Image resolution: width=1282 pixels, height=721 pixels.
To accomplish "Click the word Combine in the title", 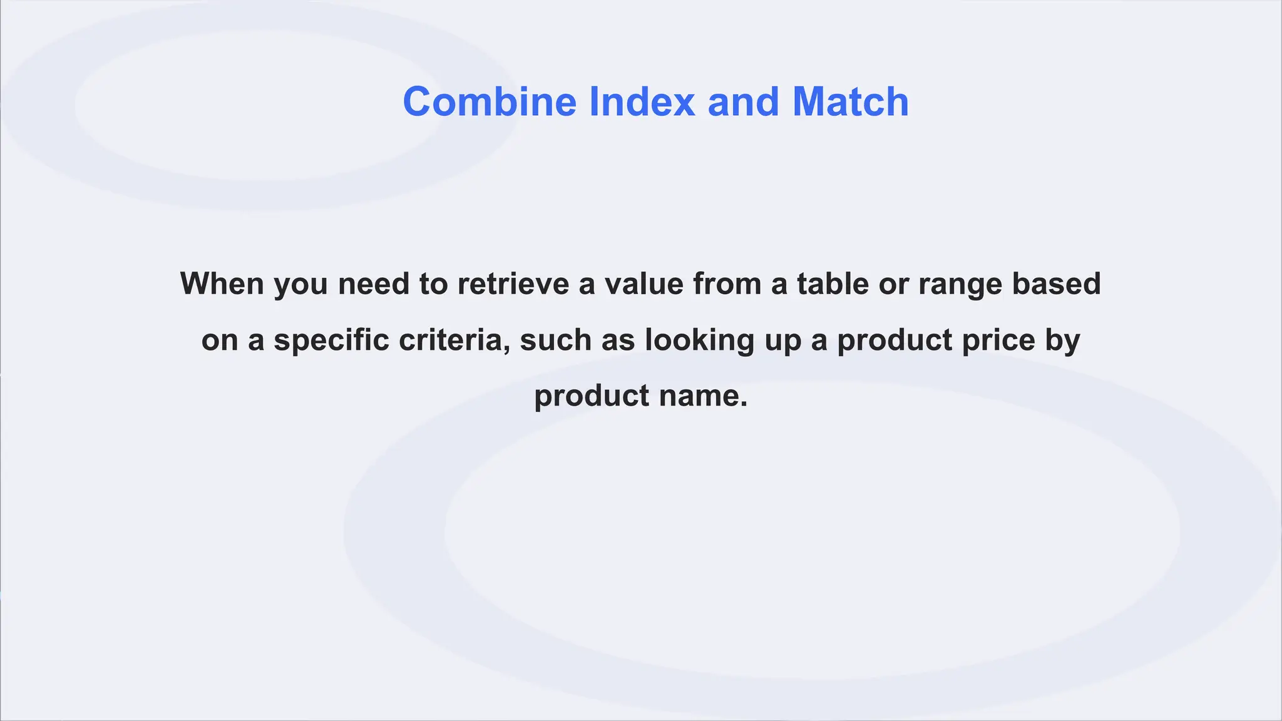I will (490, 101).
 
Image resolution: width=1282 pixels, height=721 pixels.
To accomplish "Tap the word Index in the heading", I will (642, 101).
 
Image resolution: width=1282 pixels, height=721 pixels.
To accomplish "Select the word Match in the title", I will (850, 101).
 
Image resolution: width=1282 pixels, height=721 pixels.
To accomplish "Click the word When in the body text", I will (222, 284).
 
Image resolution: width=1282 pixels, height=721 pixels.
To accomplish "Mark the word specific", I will (331, 340).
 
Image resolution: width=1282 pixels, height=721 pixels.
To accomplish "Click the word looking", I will (699, 341).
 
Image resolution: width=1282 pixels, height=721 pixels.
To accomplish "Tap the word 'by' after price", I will (1063, 341).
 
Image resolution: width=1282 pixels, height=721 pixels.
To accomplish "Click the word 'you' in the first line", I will (300, 285).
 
